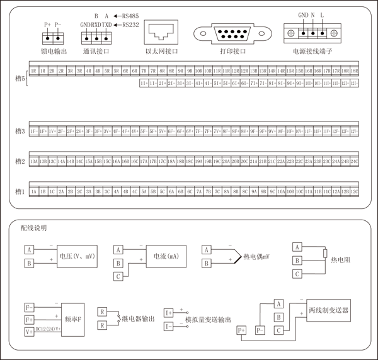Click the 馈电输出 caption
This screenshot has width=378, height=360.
(54, 51)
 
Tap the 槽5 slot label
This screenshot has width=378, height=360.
(20, 79)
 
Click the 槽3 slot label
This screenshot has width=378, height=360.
(20, 132)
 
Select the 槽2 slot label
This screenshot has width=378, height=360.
(20, 161)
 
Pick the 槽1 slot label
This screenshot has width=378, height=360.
(20, 191)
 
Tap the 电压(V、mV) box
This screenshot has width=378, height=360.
(76, 256)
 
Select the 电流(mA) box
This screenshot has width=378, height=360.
(164, 256)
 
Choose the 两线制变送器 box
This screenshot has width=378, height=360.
(329, 311)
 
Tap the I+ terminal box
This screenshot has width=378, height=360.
(169, 313)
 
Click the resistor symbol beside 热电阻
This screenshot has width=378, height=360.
(325, 254)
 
